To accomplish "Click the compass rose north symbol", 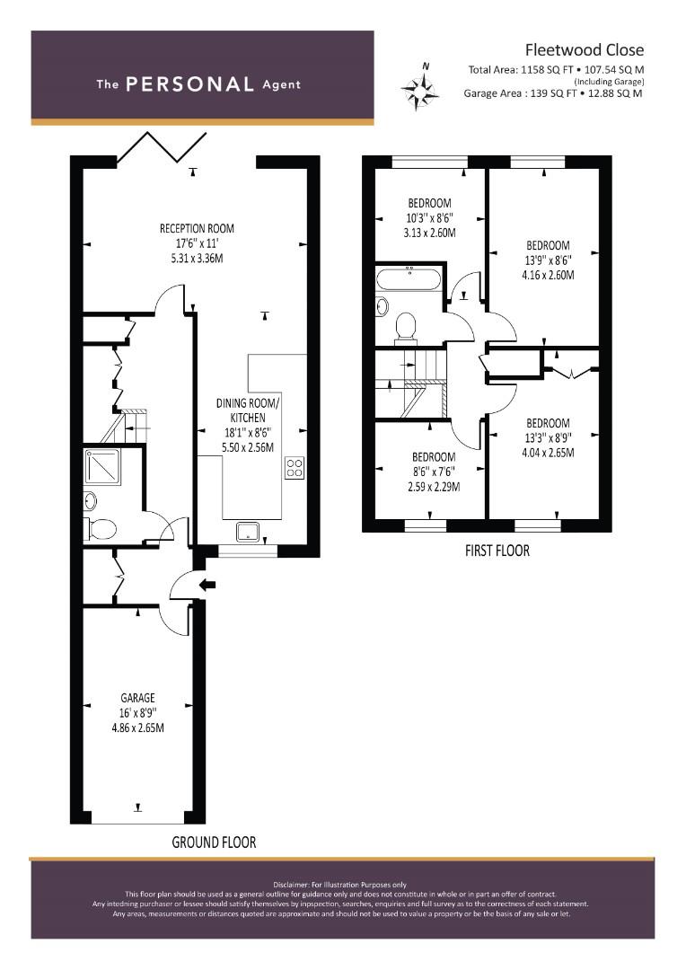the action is (x=420, y=88).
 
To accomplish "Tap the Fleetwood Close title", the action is (x=584, y=49).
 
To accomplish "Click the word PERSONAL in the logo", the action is (x=189, y=84).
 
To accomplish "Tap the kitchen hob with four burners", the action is (x=295, y=467).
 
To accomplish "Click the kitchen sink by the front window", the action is (x=249, y=532).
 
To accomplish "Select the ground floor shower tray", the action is (x=102, y=467).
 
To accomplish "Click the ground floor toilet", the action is (x=101, y=529).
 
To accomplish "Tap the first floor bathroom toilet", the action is (x=405, y=327).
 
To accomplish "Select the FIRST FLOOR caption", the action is (x=497, y=551).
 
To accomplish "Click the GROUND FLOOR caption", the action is (x=214, y=842).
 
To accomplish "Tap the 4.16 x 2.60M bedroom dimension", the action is (x=548, y=275).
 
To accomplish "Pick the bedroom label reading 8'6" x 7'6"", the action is (x=434, y=472).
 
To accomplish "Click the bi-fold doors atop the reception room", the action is (x=162, y=148).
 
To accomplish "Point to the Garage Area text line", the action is (x=553, y=93).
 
